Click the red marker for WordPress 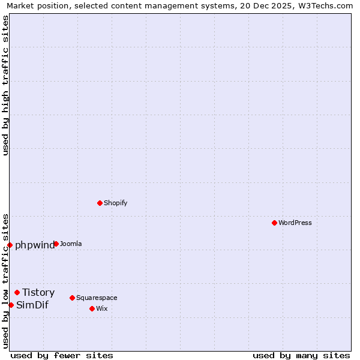tap(274, 223)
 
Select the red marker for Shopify tap(100, 203)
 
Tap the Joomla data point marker tap(56, 244)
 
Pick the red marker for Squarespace tap(72, 298)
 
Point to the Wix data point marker tap(92, 308)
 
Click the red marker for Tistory tap(17, 292)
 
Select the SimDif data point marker tap(11, 305)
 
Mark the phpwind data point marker tap(10, 245)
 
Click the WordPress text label tap(295, 223)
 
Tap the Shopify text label tap(115, 203)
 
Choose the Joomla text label tap(71, 244)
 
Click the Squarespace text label tap(97, 298)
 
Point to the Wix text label tap(102, 308)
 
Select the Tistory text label tap(38, 292)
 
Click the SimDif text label tap(32, 305)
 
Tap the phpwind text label tap(35, 245)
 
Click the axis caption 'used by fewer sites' tap(62, 355)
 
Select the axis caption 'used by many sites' tap(301, 355)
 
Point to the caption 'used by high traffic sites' tap(5, 85)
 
